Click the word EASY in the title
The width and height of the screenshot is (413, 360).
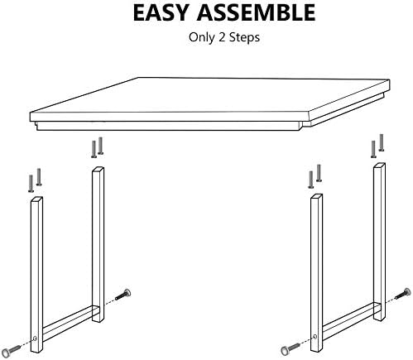pyautogui.click(x=161, y=12)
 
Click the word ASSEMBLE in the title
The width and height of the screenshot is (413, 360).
pyautogui.click(x=256, y=12)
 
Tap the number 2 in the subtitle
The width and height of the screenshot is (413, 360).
pyautogui.click(x=222, y=37)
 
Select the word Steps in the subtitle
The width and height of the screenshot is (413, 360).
pyautogui.click(x=244, y=37)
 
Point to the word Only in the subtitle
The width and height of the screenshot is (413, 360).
pyautogui.click(x=202, y=37)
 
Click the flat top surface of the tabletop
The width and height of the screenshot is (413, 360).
pyautogui.click(x=209, y=95)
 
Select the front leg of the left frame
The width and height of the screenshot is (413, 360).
pyautogui.click(x=36, y=275)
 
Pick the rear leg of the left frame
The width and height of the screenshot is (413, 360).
pyautogui.click(x=98, y=244)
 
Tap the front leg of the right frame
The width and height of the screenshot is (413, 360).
pyautogui.click(x=316, y=273)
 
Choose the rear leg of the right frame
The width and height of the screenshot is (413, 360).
pyautogui.click(x=379, y=242)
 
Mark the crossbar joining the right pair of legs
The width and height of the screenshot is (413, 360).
pyautogui.click(x=348, y=321)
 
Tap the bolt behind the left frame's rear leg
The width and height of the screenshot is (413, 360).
pyautogui.click(x=123, y=295)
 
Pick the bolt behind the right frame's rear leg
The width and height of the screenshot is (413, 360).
pyautogui.click(x=403, y=294)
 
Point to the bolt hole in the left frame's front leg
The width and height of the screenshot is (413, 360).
pyautogui.click(x=35, y=338)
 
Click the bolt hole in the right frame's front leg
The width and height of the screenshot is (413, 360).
pyautogui.click(x=315, y=336)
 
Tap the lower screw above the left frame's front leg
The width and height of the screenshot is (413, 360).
pyautogui.click(x=31, y=184)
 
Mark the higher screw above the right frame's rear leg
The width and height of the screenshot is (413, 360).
pyautogui.click(x=382, y=142)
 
